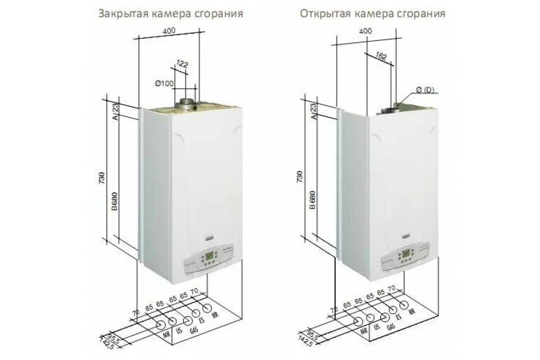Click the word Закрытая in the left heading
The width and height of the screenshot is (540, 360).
(x=117, y=13)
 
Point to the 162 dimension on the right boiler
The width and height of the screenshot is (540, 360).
(x=380, y=56)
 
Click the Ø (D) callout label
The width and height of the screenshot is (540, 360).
(x=425, y=91)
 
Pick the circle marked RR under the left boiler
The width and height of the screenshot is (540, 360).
(x=208, y=308)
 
